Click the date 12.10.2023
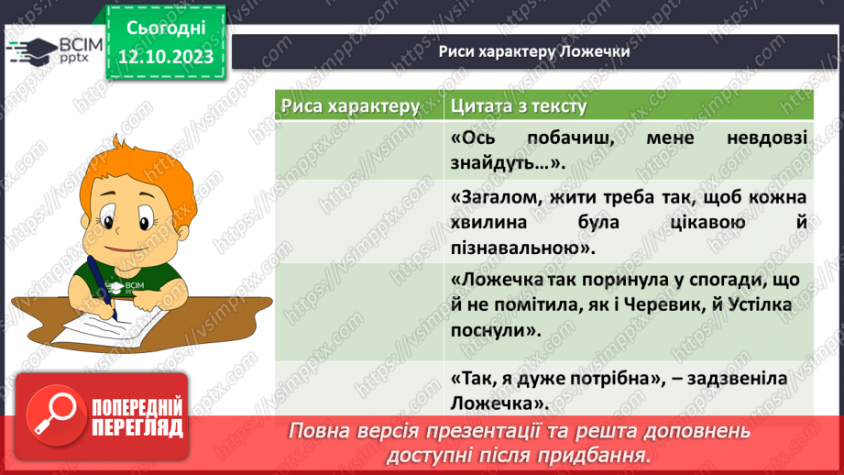[x=165, y=56]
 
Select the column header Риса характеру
[x=350, y=106]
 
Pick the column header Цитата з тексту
[x=519, y=106]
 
